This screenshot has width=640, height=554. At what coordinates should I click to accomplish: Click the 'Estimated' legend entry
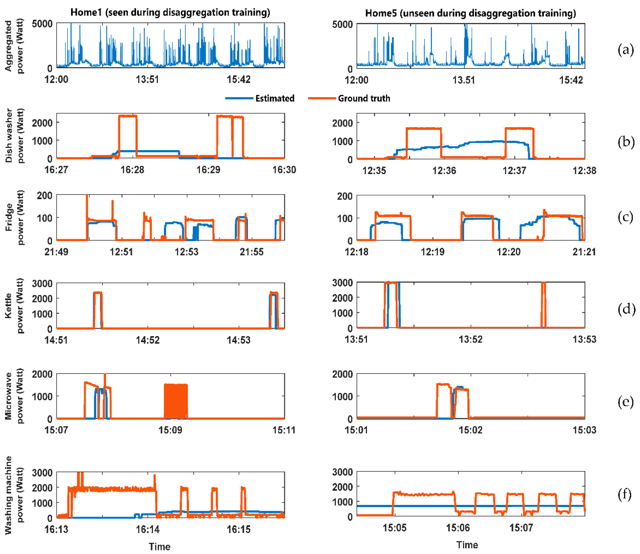[x=275, y=98]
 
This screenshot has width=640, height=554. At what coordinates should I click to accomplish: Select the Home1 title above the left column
[x=170, y=12]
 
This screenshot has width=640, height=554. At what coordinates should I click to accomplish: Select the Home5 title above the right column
[x=471, y=13]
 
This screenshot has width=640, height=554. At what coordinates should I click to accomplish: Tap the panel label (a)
[x=625, y=50]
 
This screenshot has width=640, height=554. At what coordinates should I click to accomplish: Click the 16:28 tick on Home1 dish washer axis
[x=132, y=170]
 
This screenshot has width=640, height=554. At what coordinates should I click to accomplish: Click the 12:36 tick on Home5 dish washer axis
[x=444, y=170]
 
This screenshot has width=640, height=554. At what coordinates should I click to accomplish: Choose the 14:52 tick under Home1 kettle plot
[x=148, y=340]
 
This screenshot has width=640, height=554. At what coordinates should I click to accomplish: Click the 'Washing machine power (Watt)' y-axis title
[x=14, y=495]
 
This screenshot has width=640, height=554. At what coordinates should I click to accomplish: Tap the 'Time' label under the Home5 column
[x=467, y=545]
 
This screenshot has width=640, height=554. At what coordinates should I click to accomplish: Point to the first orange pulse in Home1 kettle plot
[x=98, y=309]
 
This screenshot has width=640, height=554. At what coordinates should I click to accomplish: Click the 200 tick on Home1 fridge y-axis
[x=44, y=196]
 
